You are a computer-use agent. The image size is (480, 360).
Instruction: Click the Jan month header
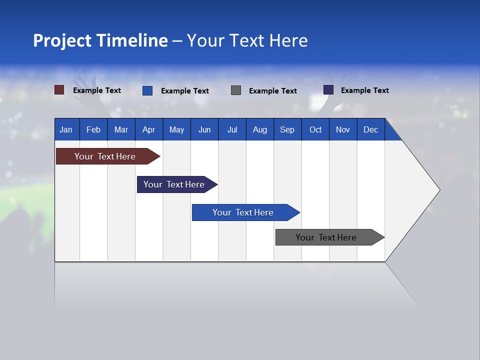[66, 129]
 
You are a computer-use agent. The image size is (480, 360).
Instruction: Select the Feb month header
[93, 129]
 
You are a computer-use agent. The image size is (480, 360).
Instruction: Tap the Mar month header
[121, 129]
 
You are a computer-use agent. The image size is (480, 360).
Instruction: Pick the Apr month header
[149, 129]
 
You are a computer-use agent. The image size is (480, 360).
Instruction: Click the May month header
[176, 129]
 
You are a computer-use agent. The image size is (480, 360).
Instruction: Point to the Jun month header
[204, 129]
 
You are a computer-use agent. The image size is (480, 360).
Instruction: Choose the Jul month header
[232, 129]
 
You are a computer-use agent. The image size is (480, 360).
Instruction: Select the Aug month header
[260, 129]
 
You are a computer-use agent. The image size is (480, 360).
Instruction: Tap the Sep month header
[287, 129]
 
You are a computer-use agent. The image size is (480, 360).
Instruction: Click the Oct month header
[315, 129]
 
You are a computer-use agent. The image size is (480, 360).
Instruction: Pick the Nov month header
[343, 129]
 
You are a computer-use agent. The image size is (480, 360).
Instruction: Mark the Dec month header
[371, 129]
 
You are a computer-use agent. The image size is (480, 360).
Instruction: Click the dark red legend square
[59, 90]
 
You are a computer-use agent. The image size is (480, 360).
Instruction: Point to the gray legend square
[236, 90]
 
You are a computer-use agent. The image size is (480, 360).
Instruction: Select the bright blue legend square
[147, 90]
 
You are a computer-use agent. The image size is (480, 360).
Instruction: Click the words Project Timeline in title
[100, 40]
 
